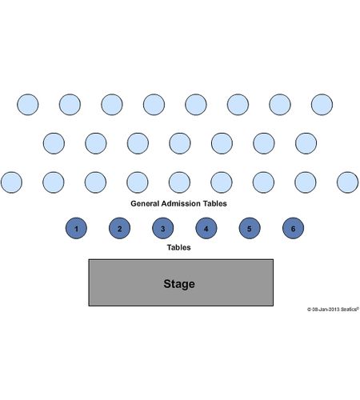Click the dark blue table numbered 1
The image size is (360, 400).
point(76,228)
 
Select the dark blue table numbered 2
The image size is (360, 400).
point(119,228)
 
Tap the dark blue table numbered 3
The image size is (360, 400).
point(163,228)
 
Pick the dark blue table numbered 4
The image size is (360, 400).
point(206,228)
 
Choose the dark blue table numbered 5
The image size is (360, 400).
point(250,228)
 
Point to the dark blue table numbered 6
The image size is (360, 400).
point(293,228)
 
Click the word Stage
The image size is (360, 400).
point(179,284)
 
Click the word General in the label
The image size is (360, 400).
point(145,203)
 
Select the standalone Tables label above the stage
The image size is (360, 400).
point(178,247)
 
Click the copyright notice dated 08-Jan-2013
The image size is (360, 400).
point(333,310)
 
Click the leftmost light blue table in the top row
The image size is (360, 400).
point(28,105)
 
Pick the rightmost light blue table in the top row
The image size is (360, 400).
point(322,105)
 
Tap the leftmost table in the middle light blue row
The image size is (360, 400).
point(54,143)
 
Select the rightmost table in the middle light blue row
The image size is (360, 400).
point(306,143)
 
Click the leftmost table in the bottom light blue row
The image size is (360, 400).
point(11,182)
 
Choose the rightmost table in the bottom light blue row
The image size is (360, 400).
point(347,182)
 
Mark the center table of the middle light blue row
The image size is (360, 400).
point(180,143)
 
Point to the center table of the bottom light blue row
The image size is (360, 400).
point(179,182)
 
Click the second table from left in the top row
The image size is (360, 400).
point(70,105)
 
